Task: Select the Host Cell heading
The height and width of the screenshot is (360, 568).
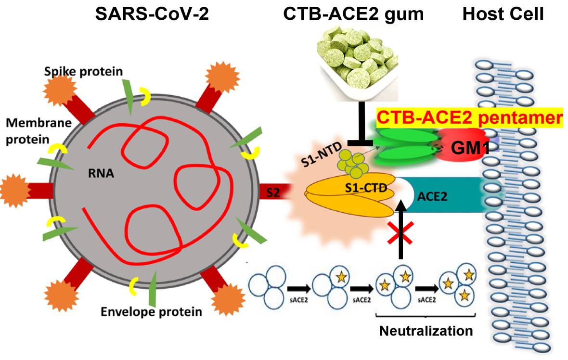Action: point(503,14)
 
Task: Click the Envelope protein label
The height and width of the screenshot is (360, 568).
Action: point(151,311)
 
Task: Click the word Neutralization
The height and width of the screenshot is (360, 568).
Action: point(426,331)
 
